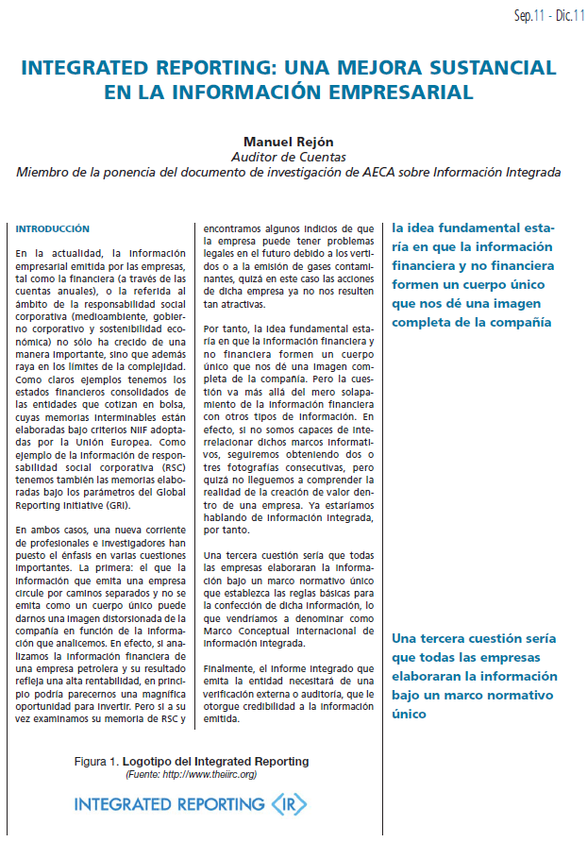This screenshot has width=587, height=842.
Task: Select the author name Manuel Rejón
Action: point(289,142)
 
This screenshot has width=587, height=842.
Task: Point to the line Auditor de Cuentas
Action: point(289,157)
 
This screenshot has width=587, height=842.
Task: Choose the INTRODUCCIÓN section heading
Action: point(53,228)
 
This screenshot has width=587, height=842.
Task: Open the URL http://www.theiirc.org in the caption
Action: point(209,774)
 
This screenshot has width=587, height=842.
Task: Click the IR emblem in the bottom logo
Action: point(288,805)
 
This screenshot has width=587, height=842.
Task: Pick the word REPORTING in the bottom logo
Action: point(218,805)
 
